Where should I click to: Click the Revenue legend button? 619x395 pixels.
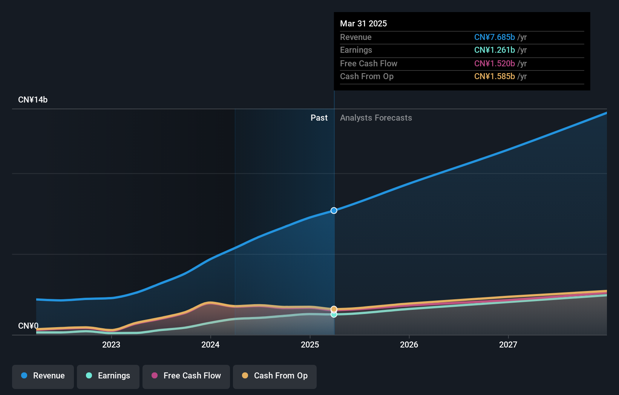[43, 376]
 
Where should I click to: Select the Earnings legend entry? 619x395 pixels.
[108, 376]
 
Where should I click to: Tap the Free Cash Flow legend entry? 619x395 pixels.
[186, 376]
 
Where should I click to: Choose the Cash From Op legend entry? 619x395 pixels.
[275, 376]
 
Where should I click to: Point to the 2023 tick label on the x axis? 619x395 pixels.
[111, 344]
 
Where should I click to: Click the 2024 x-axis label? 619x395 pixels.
[210, 344]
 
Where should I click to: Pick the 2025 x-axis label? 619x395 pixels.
[310, 344]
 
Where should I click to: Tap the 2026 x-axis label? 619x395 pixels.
[409, 344]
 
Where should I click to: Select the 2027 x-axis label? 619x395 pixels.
[508, 344]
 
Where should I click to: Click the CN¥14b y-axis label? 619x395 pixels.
[33, 100]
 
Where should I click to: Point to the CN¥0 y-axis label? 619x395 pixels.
[28, 326]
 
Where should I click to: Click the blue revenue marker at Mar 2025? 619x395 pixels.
[334, 210]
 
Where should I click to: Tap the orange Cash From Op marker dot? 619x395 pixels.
[334, 309]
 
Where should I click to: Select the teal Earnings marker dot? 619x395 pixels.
[334, 315]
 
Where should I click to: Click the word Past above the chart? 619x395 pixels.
[319, 118]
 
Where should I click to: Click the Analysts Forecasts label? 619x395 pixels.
[376, 118]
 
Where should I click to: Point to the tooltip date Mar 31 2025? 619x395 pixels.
[363, 23]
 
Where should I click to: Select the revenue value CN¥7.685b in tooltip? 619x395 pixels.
[494, 37]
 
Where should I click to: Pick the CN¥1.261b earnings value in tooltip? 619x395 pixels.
[494, 50]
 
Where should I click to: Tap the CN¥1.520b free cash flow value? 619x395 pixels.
[494, 63]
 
